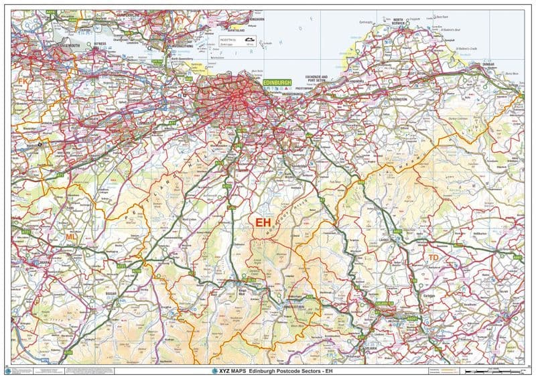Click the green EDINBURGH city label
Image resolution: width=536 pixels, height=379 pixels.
click(x=278, y=82)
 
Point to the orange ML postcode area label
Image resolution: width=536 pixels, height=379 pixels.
click(x=71, y=236)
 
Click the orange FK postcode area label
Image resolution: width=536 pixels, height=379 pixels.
click(x=23, y=81)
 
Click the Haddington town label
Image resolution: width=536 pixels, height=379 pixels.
click(x=397, y=100)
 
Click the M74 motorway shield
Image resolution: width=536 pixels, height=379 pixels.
click(x=46, y=360)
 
